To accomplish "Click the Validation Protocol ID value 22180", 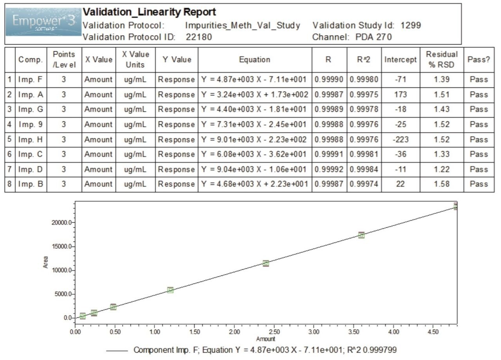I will (x=199, y=37).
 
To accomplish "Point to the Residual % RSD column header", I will (x=442, y=59).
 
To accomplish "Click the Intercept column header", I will (x=400, y=59).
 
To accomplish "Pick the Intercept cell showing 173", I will (x=400, y=95).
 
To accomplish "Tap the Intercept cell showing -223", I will (x=400, y=139).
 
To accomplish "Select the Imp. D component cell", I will (x=31, y=169).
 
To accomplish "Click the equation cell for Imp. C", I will (x=254, y=154).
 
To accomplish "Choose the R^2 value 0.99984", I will (x=364, y=169).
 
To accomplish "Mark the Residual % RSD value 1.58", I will (x=442, y=184).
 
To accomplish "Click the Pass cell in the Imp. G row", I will (x=479, y=110).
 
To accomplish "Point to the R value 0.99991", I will (x=329, y=154).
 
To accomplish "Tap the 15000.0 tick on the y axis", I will (x=62, y=247).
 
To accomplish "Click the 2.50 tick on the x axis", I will (x=274, y=332).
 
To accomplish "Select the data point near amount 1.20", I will (x=170, y=290).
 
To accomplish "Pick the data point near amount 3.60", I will (x=361, y=235).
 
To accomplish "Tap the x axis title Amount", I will (x=266, y=339).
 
